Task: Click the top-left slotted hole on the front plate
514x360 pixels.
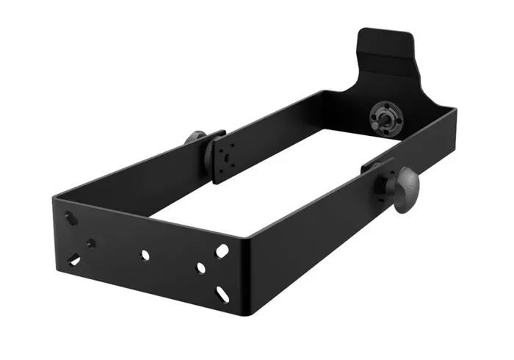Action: pos(69,218)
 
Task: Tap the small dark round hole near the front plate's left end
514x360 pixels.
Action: pos(90,242)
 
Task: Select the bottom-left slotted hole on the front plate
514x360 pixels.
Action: pos(74,259)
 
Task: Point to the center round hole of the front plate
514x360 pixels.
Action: pos(145,254)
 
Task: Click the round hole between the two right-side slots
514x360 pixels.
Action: pos(200,268)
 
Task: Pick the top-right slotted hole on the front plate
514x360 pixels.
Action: pos(221,251)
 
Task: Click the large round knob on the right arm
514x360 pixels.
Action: pos(406,190)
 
